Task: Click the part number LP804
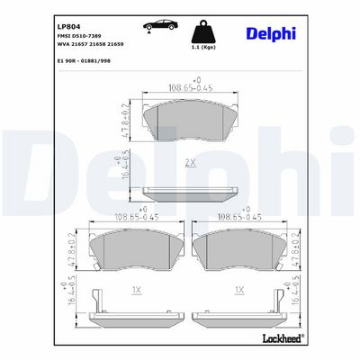coord(68,27)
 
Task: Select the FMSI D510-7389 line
coord(79,36)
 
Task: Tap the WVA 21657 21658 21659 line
coord(90,44)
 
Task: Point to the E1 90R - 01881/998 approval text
coord(84,61)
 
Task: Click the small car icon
coord(160,26)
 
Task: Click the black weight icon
coord(203,31)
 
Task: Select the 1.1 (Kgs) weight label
coord(203,47)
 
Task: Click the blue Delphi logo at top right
coord(271,33)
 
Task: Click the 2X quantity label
coord(190,163)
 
